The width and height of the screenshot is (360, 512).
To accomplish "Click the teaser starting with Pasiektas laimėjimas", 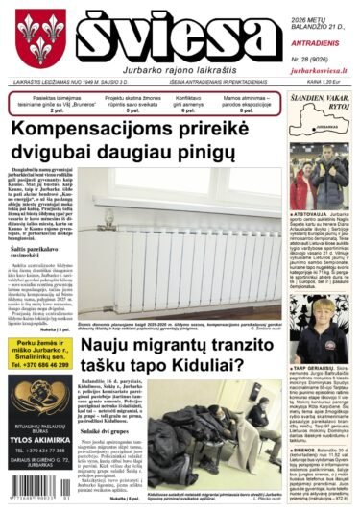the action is click(x=45, y=103).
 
